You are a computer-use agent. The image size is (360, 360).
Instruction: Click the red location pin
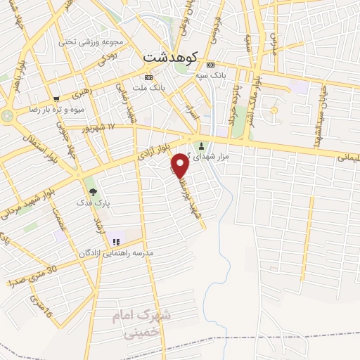[x=180, y=165]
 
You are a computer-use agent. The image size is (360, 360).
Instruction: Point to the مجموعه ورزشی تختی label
[x=91, y=41]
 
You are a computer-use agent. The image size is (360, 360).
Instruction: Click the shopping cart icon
[x=56, y=98]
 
